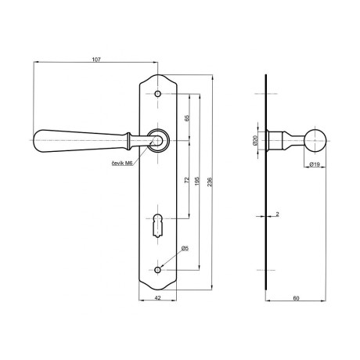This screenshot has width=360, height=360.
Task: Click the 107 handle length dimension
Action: pos(96,59)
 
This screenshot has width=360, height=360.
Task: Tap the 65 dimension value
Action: pos(187,118)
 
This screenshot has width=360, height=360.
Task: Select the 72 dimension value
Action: pos(187,180)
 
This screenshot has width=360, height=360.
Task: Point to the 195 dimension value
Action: pos(197,181)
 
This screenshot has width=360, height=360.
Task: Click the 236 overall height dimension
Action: pos(210,182)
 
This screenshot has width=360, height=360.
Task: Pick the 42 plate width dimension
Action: pos(157,297)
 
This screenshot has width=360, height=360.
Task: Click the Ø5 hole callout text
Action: pos(185,248)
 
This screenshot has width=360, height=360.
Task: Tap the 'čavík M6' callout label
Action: pos(122,164)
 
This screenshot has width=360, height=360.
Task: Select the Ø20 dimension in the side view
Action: pos(255,140)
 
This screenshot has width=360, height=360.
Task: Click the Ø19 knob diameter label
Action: pos(315,164)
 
